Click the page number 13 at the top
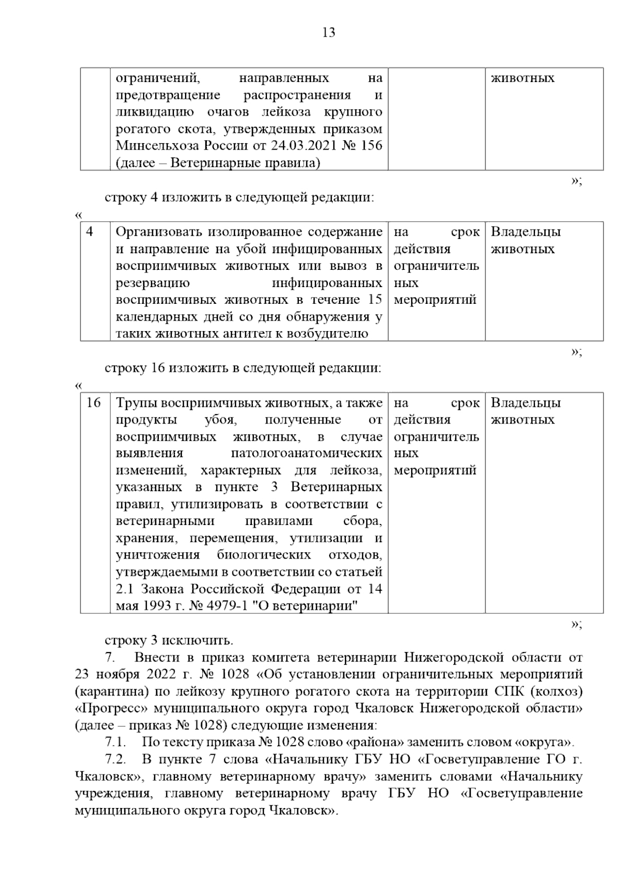(329, 33)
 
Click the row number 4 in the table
(90, 232)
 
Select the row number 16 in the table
(93, 403)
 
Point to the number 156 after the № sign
(371, 145)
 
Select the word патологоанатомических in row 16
(306, 453)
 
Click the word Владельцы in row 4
(526, 232)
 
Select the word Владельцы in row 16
(526, 403)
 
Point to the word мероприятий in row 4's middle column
(435, 300)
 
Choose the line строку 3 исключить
(169, 640)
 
